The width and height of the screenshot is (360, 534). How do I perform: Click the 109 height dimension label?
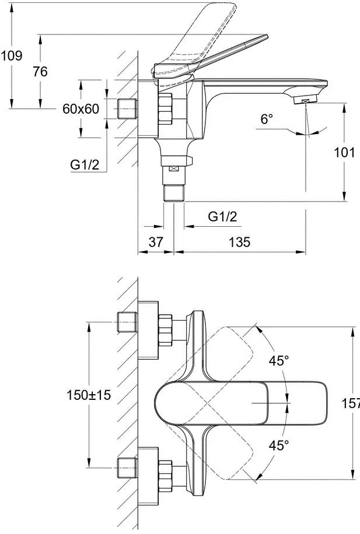12,55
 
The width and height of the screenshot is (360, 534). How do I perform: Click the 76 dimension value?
40,72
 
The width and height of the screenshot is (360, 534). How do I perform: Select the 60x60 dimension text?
81,108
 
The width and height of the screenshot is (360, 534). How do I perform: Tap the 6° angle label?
267,119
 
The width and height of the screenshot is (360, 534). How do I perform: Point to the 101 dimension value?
344,152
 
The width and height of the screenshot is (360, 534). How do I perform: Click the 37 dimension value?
156,242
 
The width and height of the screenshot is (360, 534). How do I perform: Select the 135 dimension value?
239,242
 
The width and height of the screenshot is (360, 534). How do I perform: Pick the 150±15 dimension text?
89,395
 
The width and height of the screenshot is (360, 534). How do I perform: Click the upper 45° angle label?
279,361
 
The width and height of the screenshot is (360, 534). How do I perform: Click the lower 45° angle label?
279,445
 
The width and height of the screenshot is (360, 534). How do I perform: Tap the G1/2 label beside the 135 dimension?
222,216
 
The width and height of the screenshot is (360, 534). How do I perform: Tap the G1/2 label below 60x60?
85,164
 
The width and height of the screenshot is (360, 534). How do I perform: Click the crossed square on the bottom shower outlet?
174,169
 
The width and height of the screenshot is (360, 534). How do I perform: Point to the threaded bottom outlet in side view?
174,193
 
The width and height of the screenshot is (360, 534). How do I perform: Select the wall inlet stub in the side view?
127,108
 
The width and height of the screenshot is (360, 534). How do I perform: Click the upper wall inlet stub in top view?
127,322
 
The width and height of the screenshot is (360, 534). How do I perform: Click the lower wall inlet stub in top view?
127,468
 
